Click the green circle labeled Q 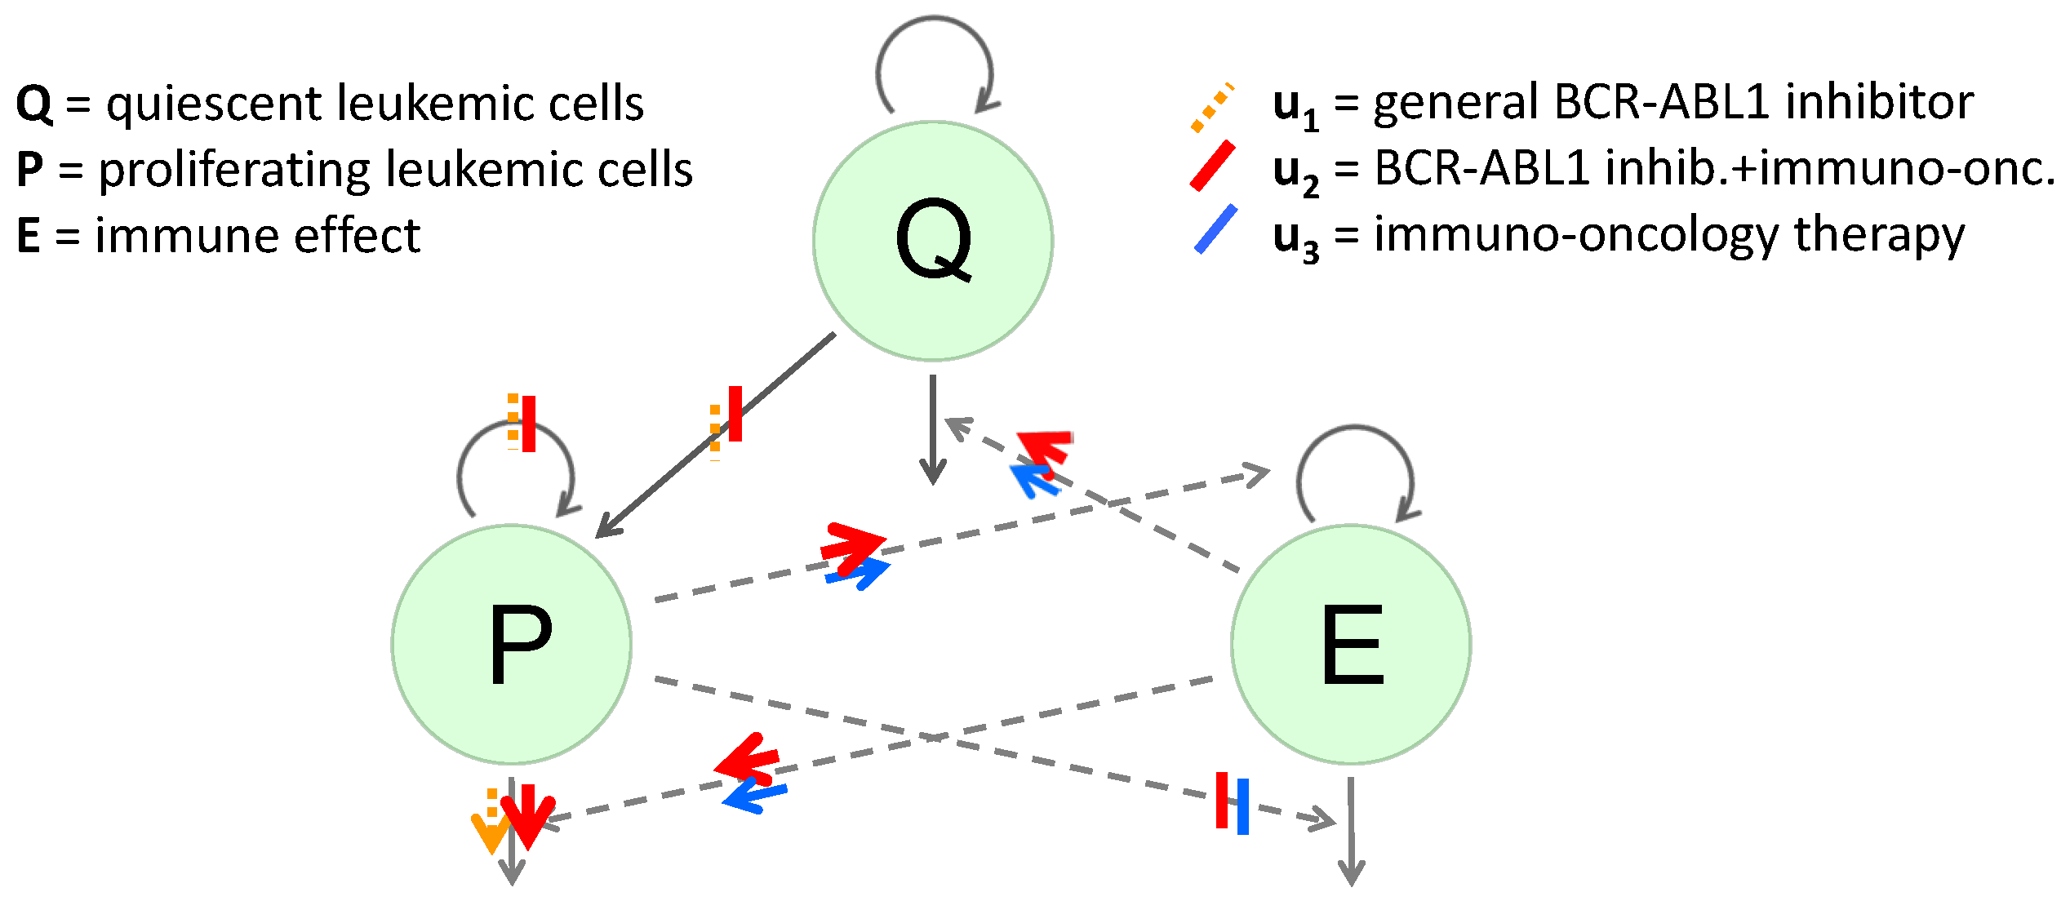click(933, 241)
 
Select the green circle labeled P click(512, 644)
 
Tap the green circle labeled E click(1351, 644)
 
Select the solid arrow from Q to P click(718, 434)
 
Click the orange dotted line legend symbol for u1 click(1212, 108)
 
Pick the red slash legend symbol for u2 click(1212, 166)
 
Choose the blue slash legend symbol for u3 click(1215, 229)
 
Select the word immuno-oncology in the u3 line click(1575, 236)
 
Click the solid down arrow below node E click(1351, 832)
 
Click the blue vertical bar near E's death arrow click(1242, 806)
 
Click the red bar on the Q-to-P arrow click(735, 414)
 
